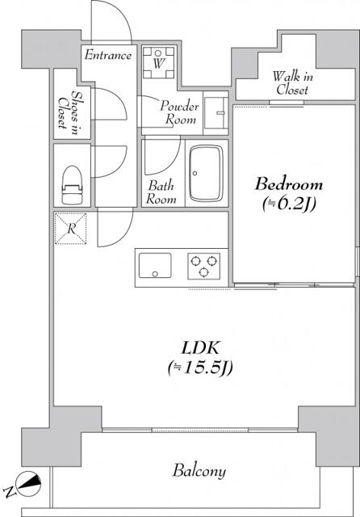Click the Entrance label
108,55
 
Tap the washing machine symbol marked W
158,62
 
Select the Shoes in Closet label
68,112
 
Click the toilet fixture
72,185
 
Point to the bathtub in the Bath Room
206,173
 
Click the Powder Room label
179,112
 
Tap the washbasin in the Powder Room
216,113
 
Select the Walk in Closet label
292,83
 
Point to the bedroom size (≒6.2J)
289,204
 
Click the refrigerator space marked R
71,229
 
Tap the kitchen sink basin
155,266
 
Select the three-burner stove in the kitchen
204,266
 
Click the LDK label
201,348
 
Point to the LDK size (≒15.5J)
200,368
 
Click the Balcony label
199,470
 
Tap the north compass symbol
29,484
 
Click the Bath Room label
161,192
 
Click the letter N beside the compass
10,492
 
